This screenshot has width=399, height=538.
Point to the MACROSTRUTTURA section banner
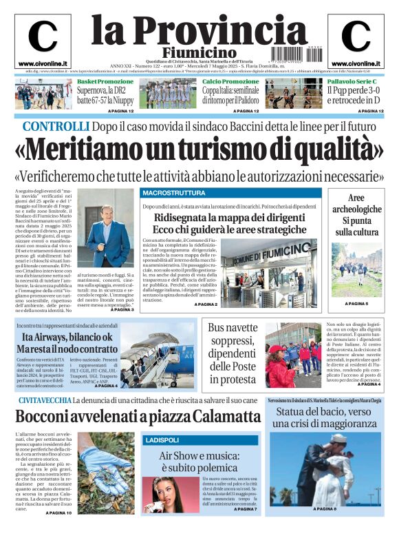pos(173,192)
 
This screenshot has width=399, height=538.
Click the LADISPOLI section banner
pos(162,439)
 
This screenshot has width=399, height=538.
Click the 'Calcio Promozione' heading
pos(230,81)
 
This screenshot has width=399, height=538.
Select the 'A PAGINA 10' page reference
pos(58,513)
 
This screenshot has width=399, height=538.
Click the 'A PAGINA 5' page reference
pos(357,304)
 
